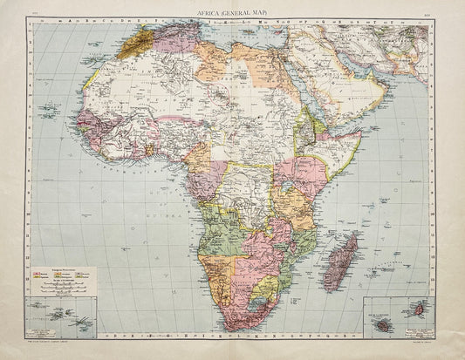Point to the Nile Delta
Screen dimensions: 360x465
coord(281,54)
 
